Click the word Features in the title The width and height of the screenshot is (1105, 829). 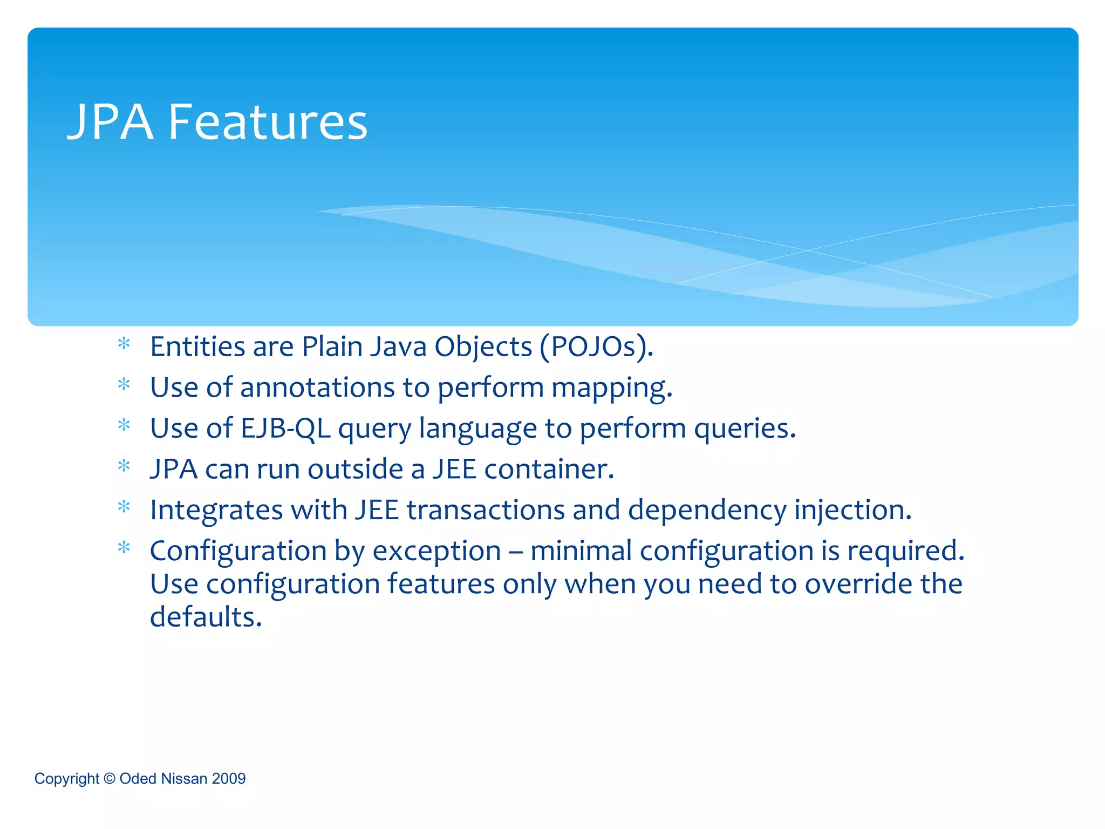[268, 123]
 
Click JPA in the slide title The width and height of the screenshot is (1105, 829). [110, 123]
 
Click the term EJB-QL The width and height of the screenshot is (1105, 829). [285, 429]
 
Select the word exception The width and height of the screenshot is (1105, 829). [436, 551]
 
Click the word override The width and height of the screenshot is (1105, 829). [856, 584]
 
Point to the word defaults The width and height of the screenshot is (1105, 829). [206, 617]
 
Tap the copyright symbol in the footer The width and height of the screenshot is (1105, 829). [109, 778]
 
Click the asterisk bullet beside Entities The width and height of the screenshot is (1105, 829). [124, 344]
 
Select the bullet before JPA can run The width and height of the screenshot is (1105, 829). [124, 466]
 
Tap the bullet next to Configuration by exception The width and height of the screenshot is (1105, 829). [124, 548]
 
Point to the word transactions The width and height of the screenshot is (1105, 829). [485, 510]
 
